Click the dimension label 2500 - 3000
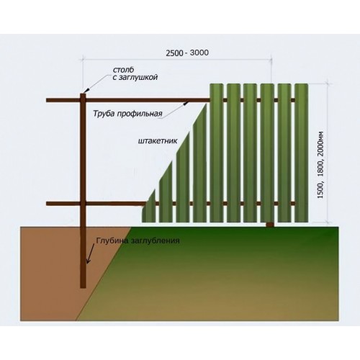click(187, 53)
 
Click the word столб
click(123, 70)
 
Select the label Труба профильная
click(127, 114)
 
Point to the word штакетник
click(158, 140)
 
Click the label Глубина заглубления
click(138, 240)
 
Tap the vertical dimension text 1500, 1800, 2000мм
click(320, 165)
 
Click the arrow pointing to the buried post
click(91, 254)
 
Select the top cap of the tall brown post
click(83, 94)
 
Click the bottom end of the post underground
click(83, 287)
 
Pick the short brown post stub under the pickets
click(270, 225)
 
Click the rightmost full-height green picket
click(302, 153)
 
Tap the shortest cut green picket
click(149, 206)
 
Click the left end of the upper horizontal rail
click(48, 100)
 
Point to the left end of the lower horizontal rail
click(48, 204)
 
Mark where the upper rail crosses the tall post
click(83, 100)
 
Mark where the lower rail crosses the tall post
click(83, 204)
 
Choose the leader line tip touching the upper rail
click(185, 103)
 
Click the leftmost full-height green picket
click(217, 153)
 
